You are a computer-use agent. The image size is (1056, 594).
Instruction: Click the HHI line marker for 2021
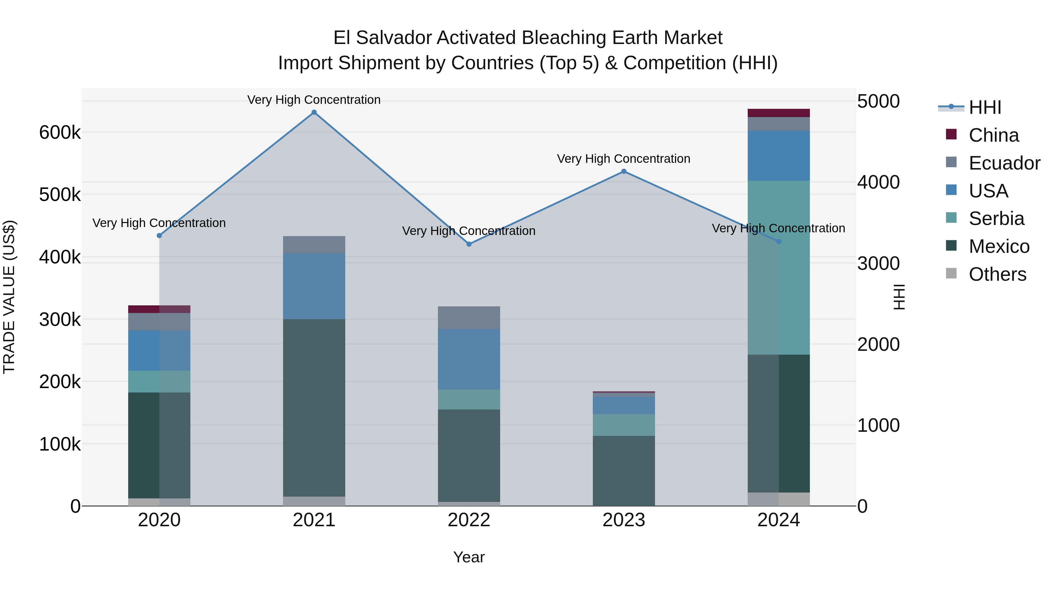314,112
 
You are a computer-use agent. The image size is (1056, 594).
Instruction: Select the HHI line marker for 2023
624,171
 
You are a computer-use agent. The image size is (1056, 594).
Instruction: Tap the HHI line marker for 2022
469,244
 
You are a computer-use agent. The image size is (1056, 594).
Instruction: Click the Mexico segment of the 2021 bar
314,408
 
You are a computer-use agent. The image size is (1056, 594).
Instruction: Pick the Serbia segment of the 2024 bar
779,268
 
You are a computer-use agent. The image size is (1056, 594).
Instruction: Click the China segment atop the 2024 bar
779,113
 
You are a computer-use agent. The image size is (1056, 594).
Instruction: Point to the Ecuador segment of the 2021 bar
314,245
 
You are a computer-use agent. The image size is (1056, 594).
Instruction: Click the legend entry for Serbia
996,219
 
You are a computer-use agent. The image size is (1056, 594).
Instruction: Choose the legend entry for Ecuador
1004,163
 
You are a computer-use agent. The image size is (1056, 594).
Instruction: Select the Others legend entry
997,274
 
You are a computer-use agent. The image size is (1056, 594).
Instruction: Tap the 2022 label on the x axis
469,520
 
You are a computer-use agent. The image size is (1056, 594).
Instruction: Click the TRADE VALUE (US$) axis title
9,297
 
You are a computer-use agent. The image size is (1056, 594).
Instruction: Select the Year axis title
469,557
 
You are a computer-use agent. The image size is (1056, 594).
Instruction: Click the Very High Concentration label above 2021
314,100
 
